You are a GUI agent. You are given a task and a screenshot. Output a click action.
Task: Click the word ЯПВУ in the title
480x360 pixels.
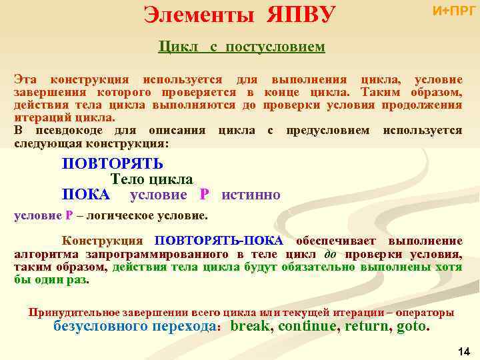301,13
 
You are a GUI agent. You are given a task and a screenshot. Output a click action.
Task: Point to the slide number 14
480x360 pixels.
465,351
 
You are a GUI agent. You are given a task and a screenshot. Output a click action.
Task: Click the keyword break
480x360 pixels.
251,327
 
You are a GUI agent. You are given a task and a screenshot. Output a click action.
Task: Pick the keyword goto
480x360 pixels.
413,327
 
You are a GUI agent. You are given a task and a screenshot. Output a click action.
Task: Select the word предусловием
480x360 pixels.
327,131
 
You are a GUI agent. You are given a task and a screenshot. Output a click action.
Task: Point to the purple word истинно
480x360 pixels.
251,195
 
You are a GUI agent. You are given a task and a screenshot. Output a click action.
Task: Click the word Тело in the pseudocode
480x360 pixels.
127,179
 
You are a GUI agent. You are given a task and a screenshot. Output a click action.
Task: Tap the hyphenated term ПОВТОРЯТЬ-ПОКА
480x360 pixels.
219,241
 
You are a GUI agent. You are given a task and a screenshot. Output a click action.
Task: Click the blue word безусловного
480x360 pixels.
98,327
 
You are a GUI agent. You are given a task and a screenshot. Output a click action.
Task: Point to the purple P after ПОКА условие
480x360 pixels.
204,195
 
